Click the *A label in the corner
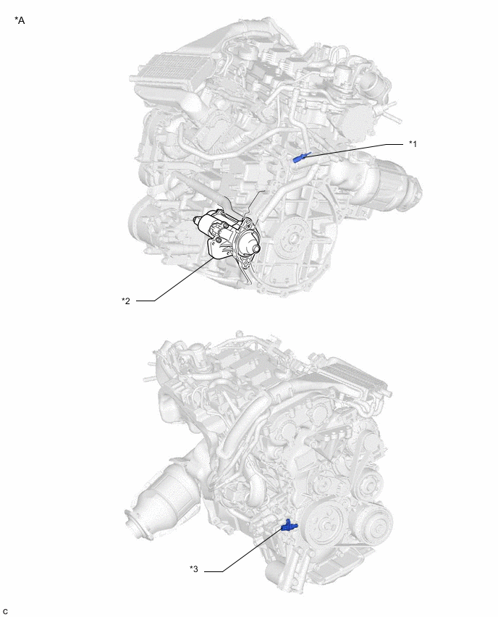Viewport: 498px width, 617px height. point(20,20)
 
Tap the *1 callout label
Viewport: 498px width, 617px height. point(413,144)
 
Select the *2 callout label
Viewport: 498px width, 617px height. point(126,301)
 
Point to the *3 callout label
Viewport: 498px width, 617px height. point(194,568)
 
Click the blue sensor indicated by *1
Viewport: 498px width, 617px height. point(302,157)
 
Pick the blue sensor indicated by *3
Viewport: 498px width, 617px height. point(289,525)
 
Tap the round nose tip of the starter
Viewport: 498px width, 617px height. point(256,248)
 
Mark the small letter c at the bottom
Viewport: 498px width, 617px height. point(5,611)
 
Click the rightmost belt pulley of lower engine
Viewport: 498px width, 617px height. point(375,521)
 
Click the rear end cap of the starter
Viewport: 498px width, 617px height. point(198,224)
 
